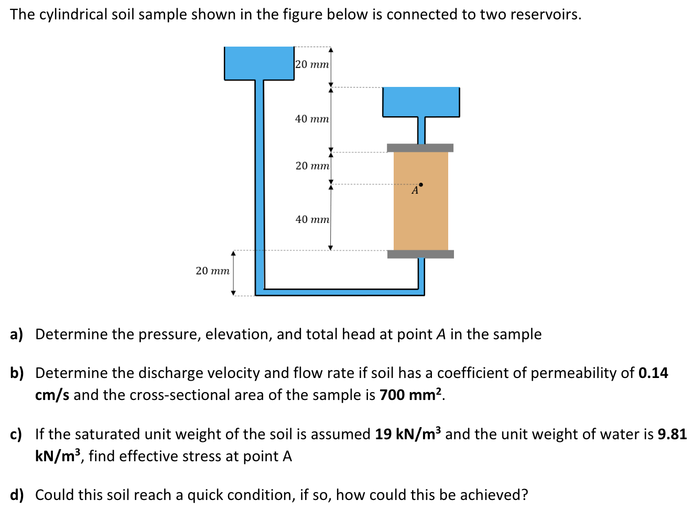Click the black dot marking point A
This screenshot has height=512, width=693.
click(x=421, y=184)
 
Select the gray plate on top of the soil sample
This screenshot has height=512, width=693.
click(x=420, y=148)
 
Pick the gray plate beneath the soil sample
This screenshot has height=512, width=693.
click(x=420, y=254)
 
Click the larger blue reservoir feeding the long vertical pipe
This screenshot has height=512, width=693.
click(x=259, y=63)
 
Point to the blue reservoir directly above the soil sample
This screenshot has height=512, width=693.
click(x=421, y=102)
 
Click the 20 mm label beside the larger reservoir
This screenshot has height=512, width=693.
click(x=312, y=64)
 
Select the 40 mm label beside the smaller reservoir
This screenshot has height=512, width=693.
click(x=312, y=119)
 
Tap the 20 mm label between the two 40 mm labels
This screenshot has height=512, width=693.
click(x=312, y=166)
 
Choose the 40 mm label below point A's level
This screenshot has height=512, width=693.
click(x=312, y=219)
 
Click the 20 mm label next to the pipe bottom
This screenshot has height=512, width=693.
click(x=212, y=271)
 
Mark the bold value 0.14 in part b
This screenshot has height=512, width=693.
click(x=653, y=373)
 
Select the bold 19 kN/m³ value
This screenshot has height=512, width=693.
click(x=408, y=434)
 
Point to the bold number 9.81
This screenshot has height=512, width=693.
click(x=672, y=434)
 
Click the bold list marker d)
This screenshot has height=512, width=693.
click(x=17, y=495)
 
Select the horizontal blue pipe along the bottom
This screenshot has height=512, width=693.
click(x=341, y=292)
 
